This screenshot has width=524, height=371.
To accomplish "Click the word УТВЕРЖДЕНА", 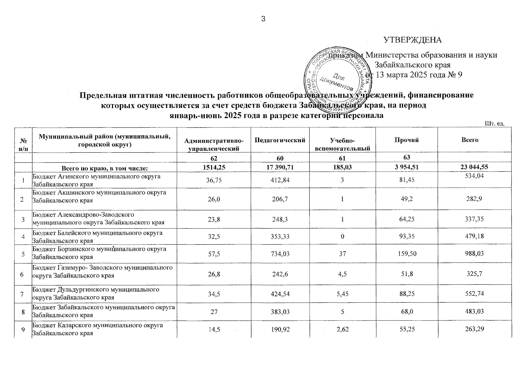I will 413,40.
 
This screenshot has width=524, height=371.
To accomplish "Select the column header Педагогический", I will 280,140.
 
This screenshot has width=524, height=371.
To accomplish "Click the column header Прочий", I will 406,140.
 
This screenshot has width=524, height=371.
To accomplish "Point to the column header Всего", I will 470,140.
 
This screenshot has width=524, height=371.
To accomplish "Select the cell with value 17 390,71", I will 280,167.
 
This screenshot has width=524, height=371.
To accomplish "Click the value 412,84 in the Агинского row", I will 280,180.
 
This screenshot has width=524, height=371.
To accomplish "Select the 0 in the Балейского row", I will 342,237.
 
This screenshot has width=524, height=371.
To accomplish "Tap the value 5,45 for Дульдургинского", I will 342,294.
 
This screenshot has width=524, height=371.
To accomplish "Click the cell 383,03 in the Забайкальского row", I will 280,312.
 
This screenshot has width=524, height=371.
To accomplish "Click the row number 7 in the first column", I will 23,294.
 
